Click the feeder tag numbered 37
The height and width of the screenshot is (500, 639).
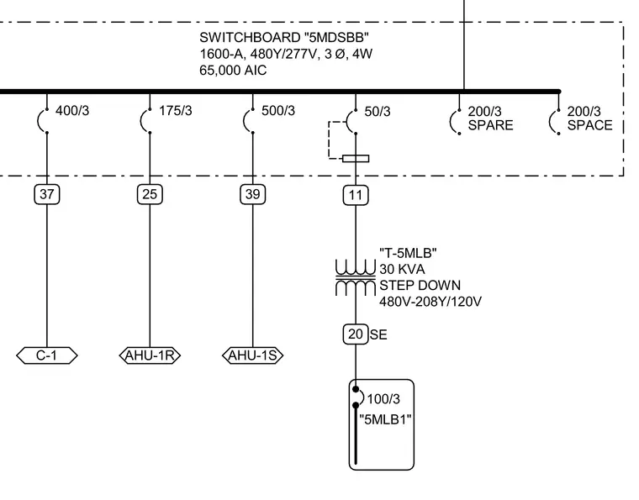tap(47, 194)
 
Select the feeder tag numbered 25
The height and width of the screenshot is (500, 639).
tap(150, 194)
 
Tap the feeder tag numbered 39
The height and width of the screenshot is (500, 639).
tap(253, 194)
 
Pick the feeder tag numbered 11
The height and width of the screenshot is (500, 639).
tap(356, 196)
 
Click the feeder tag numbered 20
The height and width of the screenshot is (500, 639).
tap(356, 334)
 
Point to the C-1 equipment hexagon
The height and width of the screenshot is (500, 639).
tap(47, 355)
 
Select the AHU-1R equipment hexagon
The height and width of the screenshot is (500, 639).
tap(150, 355)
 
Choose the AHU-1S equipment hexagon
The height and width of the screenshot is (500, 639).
tap(253, 355)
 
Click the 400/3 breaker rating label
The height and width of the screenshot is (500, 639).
tap(72, 111)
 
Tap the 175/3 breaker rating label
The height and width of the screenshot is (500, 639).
tap(175, 111)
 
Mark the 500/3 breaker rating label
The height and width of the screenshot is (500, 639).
tap(278, 111)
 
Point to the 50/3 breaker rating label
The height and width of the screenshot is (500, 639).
tap(378, 112)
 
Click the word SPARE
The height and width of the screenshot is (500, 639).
tap(491, 125)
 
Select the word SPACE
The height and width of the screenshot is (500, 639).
tap(589, 125)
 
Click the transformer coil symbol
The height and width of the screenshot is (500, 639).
tap(356, 277)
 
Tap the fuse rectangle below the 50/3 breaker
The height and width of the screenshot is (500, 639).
tap(356, 158)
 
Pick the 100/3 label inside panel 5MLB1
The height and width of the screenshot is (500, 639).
tap(383, 399)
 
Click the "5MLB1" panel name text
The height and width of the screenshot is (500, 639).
tap(385, 419)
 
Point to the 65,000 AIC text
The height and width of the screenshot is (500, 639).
tap(233, 71)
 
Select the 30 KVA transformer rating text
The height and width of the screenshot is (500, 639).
tap(402, 269)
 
